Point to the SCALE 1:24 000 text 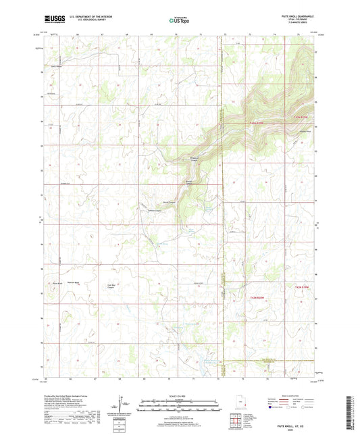179,396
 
